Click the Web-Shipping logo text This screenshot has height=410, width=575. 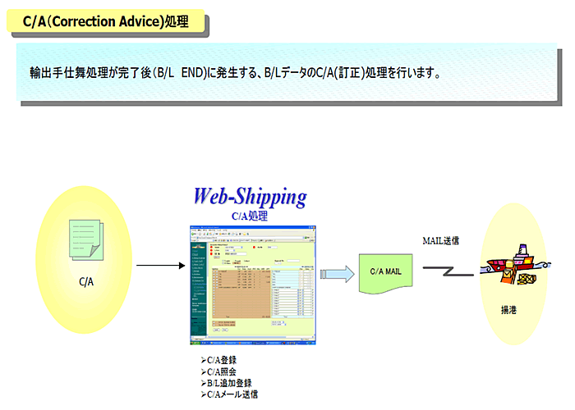pyautogui.click(x=250, y=197)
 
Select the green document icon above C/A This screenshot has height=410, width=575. pyautogui.click(x=85, y=238)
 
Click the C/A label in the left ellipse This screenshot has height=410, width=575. pyautogui.click(x=86, y=281)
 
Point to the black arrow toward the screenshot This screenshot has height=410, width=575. pyautogui.click(x=161, y=265)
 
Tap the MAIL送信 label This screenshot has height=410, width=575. pyautogui.click(x=440, y=241)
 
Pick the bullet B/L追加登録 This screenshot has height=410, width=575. pyautogui.click(x=226, y=383)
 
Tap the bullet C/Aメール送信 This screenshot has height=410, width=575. pyautogui.click(x=231, y=394)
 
